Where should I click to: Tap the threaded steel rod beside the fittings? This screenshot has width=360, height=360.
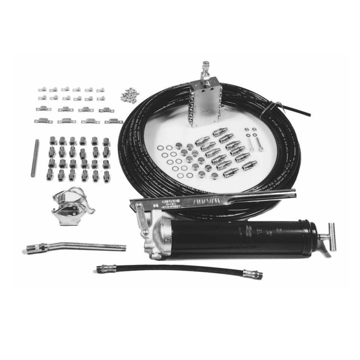coord(35,158)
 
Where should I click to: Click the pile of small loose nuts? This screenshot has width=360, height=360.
coord(130,95)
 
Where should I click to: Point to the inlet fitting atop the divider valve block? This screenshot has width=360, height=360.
coord(206,70)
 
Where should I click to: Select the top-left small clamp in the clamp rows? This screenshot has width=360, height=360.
coord(42,89)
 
